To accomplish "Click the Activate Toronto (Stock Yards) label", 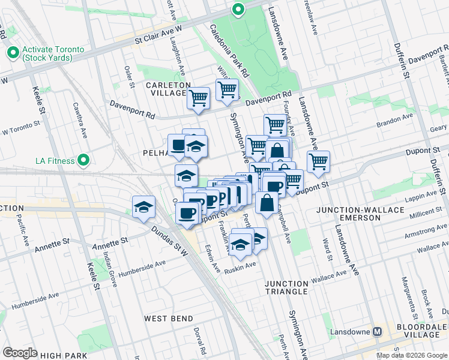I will click(x=47, y=53).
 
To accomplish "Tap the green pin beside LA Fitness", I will click(x=83, y=160).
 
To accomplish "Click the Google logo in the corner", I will click(x=20, y=353).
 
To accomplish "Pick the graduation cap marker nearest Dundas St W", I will click(x=144, y=207).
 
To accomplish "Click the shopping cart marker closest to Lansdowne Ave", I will click(x=318, y=161).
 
